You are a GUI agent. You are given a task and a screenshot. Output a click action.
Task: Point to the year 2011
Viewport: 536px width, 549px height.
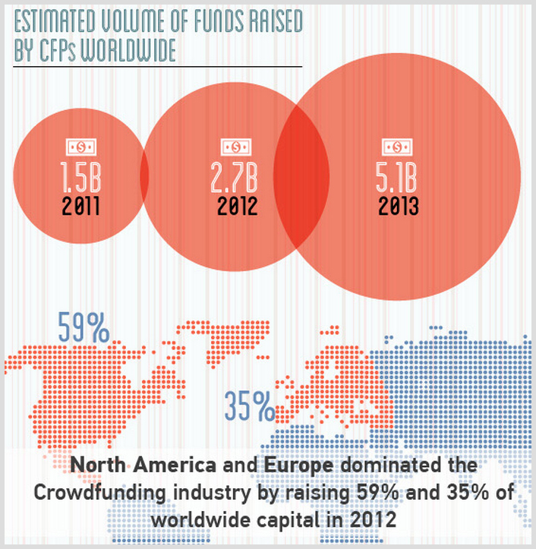(80, 205)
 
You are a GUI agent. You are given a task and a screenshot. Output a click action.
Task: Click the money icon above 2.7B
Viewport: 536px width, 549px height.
(235, 147)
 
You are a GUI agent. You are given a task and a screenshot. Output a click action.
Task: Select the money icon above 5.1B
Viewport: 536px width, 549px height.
(396, 147)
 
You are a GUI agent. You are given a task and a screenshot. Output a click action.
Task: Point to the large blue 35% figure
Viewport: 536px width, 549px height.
(249, 406)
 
